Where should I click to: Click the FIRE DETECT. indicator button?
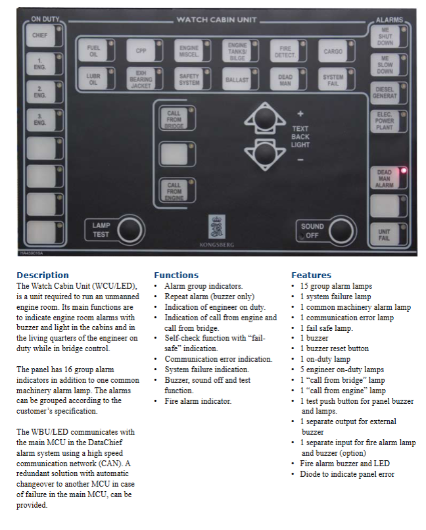click(x=285, y=51)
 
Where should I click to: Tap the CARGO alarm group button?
click(x=333, y=51)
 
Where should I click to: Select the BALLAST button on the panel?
click(x=237, y=80)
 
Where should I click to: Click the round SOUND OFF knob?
click(x=341, y=231)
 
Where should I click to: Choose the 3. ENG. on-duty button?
click(x=40, y=120)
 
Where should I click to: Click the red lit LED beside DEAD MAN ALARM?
click(x=402, y=170)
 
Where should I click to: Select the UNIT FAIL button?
click(x=384, y=235)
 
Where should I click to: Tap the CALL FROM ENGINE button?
click(x=174, y=190)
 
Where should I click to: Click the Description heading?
click(x=43, y=275)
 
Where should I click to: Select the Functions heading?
click(x=176, y=275)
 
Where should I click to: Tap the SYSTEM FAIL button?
click(x=333, y=80)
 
